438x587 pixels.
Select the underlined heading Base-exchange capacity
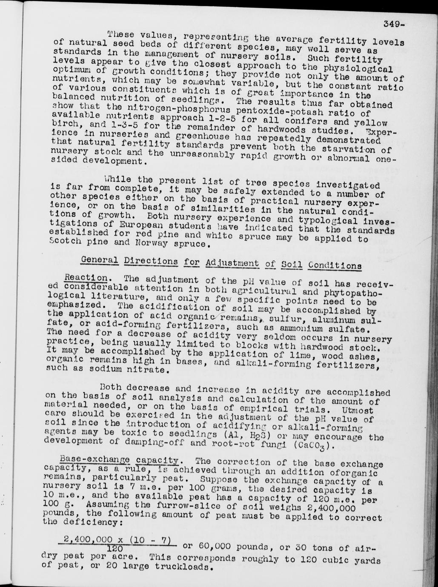coord(119,459)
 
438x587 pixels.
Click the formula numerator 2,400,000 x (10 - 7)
coord(117,539)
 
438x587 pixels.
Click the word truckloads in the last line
coord(187,567)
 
